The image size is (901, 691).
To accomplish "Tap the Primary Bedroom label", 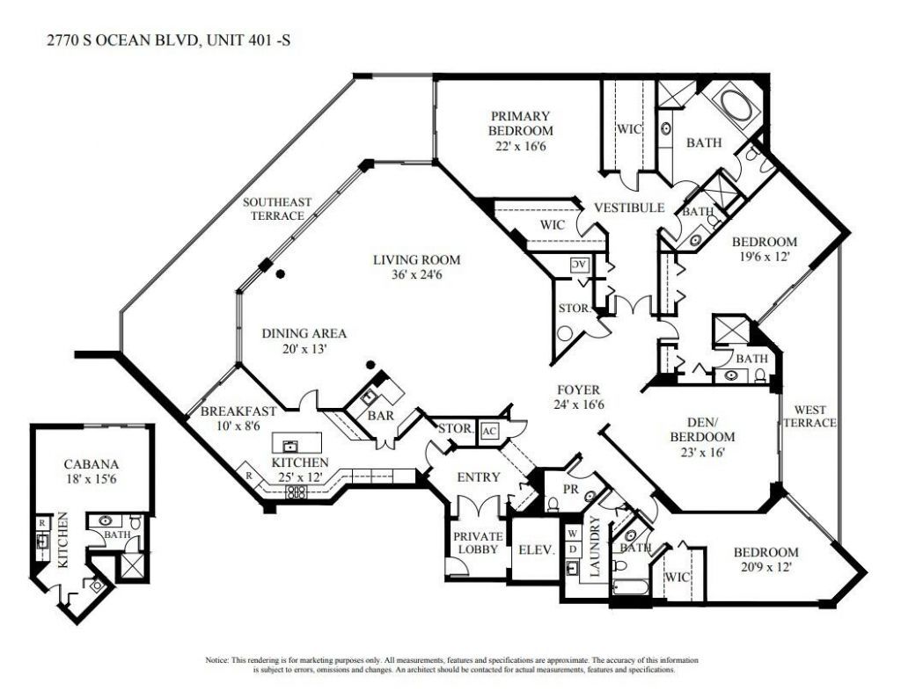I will [521, 123].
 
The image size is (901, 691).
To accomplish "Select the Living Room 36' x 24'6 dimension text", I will [416, 275].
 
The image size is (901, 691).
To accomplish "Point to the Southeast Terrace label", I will [278, 208].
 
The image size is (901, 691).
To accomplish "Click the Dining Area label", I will [304, 333].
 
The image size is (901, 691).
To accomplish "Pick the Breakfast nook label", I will [238, 411].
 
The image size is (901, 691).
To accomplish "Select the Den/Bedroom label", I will [701, 429].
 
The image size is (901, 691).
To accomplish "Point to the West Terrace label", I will [815, 416].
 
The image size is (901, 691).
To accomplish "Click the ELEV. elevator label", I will [535, 549].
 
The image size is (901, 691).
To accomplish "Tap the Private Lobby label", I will [477, 542].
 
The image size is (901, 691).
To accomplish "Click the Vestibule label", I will [627, 207].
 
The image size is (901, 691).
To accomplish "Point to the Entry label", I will [478, 477].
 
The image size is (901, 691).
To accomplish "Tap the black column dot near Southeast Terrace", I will [281, 274].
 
